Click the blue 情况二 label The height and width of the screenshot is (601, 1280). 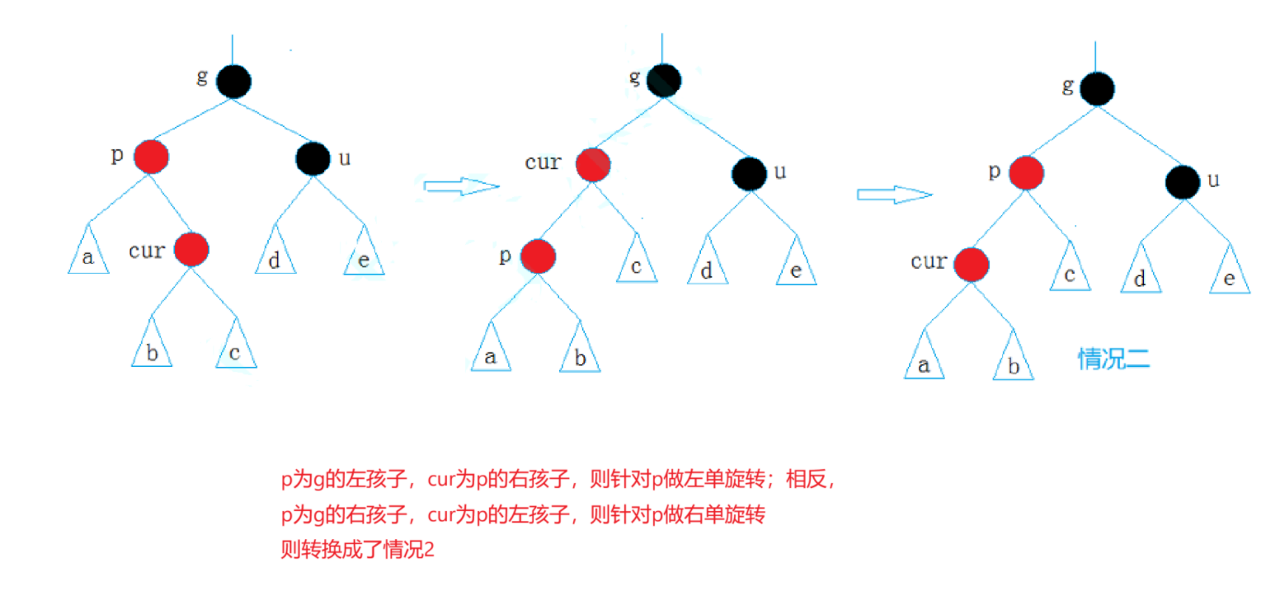(1113, 359)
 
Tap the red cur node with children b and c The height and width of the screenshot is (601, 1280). (191, 249)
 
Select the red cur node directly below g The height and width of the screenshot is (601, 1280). (592, 165)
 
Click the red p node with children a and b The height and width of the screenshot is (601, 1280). (537, 256)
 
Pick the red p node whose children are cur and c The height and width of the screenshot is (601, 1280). (1026, 173)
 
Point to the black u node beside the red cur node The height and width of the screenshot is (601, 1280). (749, 172)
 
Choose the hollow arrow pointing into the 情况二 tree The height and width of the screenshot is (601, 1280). (894, 195)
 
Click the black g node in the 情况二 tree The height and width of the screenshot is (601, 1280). (1096, 88)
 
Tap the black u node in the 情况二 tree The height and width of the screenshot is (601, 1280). (1182, 181)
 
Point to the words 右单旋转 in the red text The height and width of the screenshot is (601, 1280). (732, 516)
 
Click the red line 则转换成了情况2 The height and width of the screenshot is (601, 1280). (357, 551)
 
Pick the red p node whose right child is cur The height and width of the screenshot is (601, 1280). (152, 157)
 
